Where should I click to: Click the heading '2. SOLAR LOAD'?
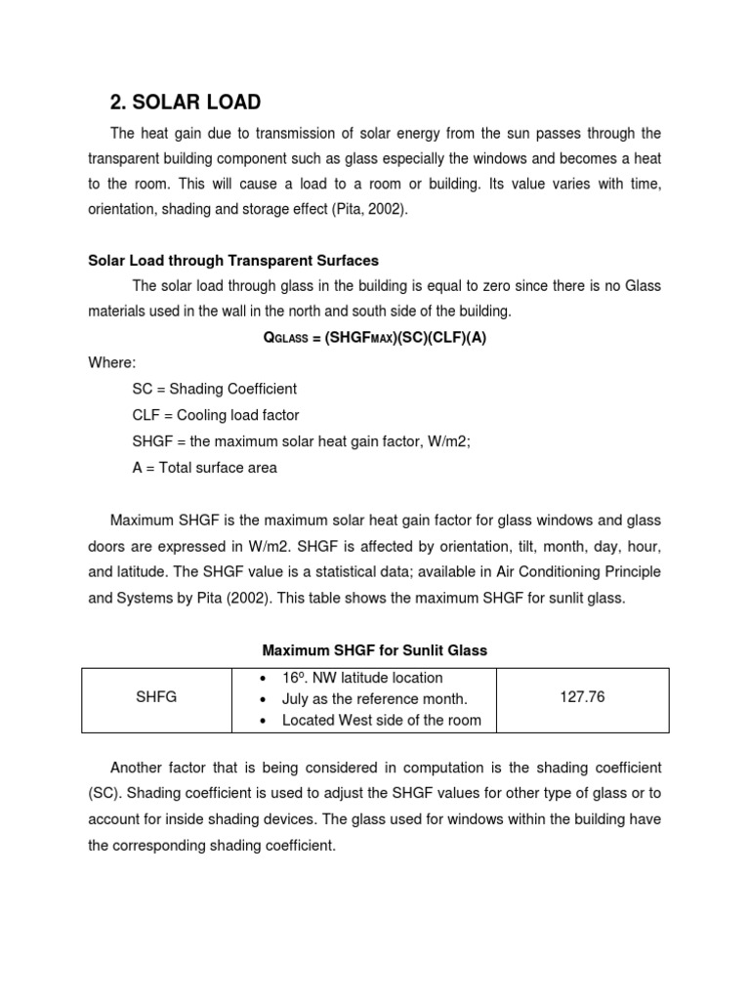(x=185, y=102)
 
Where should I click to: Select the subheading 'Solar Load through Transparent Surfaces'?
(x=233, y=261)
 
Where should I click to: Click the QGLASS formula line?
(x=375, y=337)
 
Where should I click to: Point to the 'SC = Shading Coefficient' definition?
(x=214, y=389)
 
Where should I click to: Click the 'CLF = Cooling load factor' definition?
(x=216, y=415)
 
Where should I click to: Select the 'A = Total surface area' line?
(x=204, y=468)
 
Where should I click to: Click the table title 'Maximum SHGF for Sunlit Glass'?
(x=375, y=649)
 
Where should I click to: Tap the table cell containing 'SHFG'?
(x=157, y=698)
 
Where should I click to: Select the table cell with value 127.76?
(x=582, y=698)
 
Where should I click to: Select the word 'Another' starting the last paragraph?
(x=140, y=768)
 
